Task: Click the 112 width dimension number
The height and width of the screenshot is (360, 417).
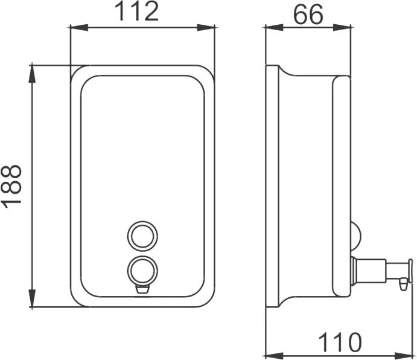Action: tap(138, 11)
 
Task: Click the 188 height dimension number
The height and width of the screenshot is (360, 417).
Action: tap(11, 187)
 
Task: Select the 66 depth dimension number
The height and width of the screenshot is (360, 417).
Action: tap(308, 14)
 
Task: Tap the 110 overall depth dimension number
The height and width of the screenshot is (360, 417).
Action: tap(340, 342)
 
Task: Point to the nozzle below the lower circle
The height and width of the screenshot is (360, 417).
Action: tap(142, 289)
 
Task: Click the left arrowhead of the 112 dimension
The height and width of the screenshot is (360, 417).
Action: tap(79, 27)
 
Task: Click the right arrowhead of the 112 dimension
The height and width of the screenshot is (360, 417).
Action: tap(206, 27)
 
